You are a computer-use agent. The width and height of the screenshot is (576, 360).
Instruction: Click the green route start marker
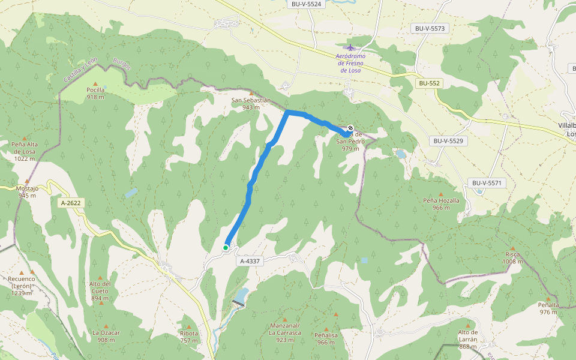[x=226, y=247]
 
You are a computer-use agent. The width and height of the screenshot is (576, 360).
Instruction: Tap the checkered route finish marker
[x=350, y=128]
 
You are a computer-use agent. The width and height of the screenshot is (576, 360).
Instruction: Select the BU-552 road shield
[x=429, y=83]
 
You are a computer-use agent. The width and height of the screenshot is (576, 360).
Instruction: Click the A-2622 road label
[x=71, y=203]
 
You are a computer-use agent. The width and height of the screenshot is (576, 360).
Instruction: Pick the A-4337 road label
[x=250, y=262]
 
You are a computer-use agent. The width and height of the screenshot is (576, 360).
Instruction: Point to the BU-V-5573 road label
[x=431, y=28]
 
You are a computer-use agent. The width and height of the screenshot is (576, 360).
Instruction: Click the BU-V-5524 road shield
[x=307, y=4]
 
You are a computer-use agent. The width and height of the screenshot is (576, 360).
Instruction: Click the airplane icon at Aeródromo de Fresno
[x=350, y=47]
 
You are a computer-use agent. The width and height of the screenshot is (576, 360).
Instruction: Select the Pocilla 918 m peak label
[x=95, y=93]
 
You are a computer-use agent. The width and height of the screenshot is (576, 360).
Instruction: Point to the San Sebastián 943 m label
[x=251, y=104]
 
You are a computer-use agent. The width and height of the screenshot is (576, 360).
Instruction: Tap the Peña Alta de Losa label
[x=25, y=151]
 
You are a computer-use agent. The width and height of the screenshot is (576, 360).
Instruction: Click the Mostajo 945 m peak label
[x=28, y=191]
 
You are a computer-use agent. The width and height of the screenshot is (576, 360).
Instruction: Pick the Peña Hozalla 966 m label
[x=441, y=204]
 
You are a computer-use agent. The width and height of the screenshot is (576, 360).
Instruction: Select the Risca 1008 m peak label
[x=512, y=257]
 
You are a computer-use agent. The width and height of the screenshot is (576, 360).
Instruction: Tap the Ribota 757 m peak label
[x=189, y=337]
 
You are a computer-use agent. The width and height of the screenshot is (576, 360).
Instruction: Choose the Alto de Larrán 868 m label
[x=467, y=339]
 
